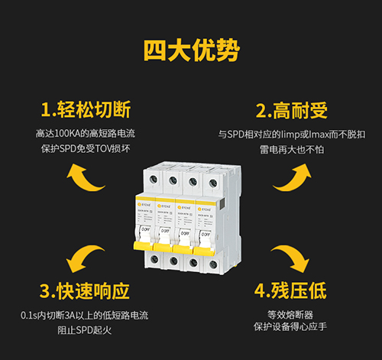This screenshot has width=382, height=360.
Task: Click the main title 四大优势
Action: (191, 51)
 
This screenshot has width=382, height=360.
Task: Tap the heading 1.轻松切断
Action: (86, 110)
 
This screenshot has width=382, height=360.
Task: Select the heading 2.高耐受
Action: (291, 110)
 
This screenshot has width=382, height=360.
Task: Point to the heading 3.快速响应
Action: (84, 291)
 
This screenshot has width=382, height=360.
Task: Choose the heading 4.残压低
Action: (290, 291)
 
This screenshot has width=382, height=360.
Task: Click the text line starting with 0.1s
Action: (85, 315)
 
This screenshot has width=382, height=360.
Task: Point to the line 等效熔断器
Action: (290, 314)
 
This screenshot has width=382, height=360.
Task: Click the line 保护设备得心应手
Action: (290, 329)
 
